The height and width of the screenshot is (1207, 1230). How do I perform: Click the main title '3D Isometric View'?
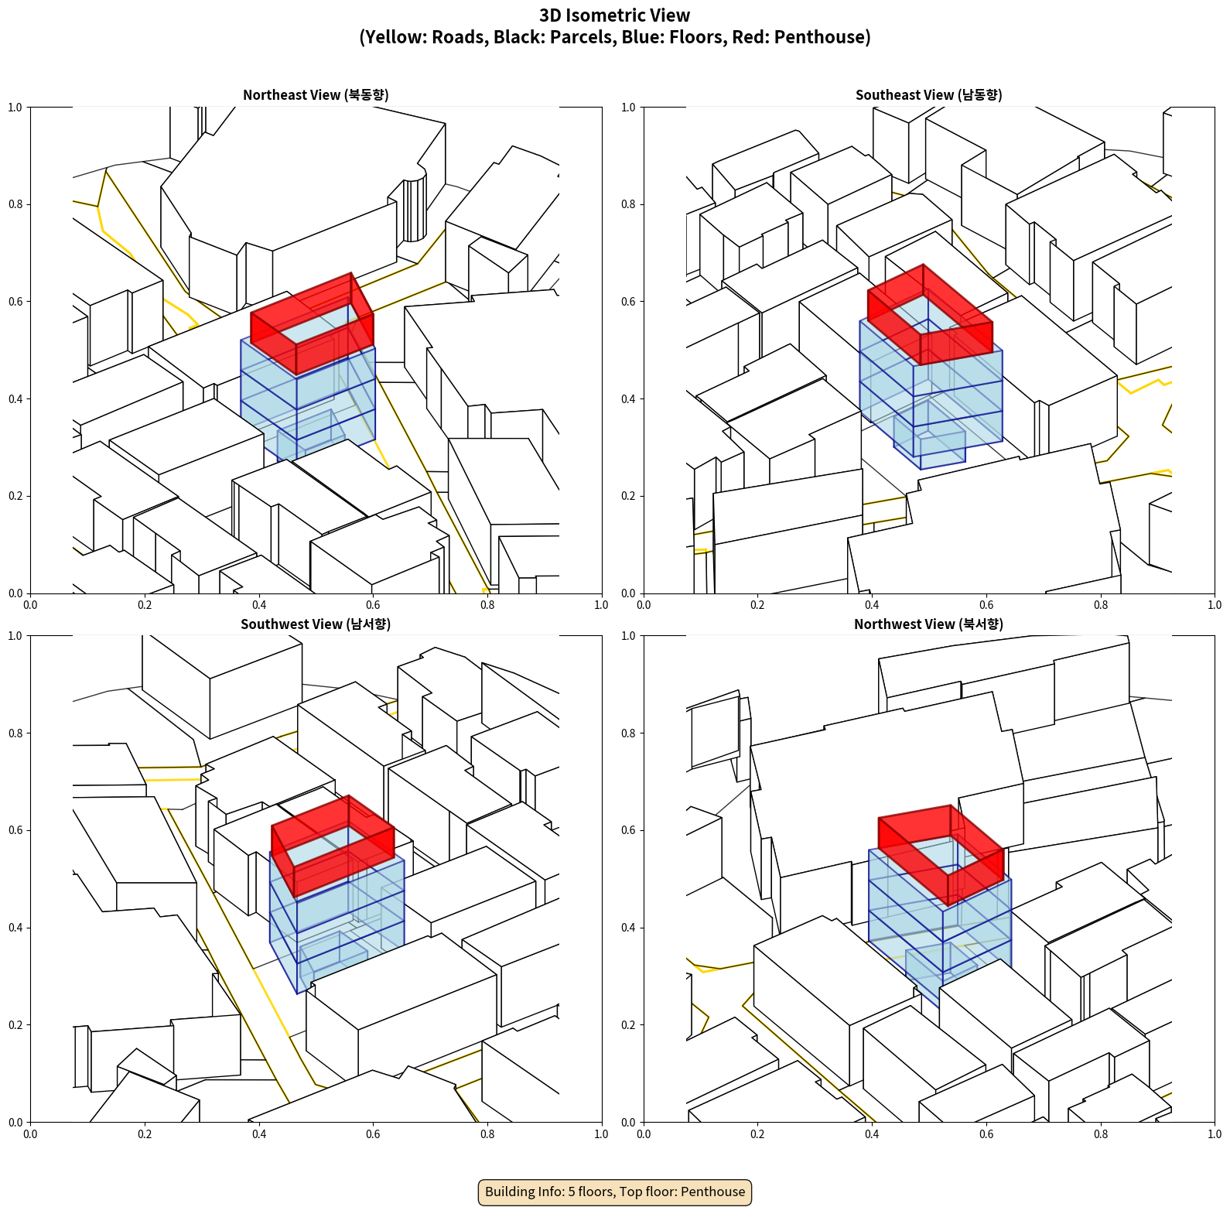(615, 15)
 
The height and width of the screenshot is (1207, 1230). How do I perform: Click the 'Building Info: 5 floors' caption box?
(615, 1192)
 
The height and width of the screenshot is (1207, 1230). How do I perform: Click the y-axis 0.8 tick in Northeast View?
(15, 204)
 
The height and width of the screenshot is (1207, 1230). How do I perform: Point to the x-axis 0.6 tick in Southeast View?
(986, 605)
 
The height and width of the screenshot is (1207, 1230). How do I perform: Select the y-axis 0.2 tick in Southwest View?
(15, 1024)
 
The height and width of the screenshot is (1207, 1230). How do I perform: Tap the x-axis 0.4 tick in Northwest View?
(872, 1134)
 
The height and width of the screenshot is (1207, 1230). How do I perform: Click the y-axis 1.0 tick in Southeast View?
(628, 107)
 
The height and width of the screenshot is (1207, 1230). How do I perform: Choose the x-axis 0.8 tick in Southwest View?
(487, 1134)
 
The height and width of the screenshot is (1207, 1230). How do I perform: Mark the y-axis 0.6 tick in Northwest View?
(628, 830)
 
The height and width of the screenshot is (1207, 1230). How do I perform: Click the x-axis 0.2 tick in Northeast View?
(145, 605)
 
